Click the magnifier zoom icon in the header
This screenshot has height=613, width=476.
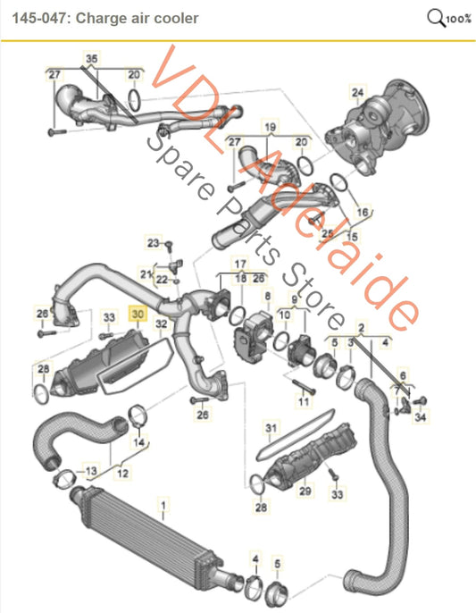pos(437,17)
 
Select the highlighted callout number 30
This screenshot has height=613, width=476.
pos(137,314)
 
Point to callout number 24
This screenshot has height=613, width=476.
pos(357,92)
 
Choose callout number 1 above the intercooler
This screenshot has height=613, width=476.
pos(162,506)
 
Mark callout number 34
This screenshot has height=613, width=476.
pos(422,416)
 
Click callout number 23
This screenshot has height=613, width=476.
pos(154,242)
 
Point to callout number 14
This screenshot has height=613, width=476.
pos(138,442)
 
